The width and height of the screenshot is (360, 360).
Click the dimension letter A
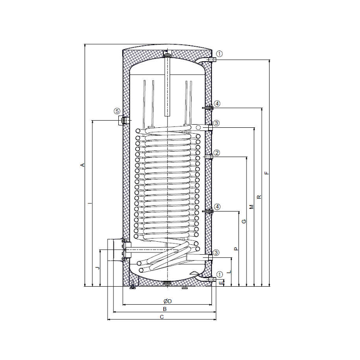click(x=82, y=165)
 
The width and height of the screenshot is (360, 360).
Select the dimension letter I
click(x=90, y=203)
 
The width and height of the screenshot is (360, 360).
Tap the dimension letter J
click(x=98, y=268)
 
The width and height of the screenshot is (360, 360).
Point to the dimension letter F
click(x=266, y=173)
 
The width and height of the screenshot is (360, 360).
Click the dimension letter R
click(x=259, y=197)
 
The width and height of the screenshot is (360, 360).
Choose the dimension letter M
click(x=252, y=207)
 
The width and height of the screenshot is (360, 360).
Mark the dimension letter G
click(x=244, y=221)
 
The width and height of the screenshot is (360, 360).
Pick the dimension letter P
click(x=236, y=249)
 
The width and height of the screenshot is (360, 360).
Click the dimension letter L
click(x=229, y=272)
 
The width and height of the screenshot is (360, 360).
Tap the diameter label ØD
click(x=167, y=301)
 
